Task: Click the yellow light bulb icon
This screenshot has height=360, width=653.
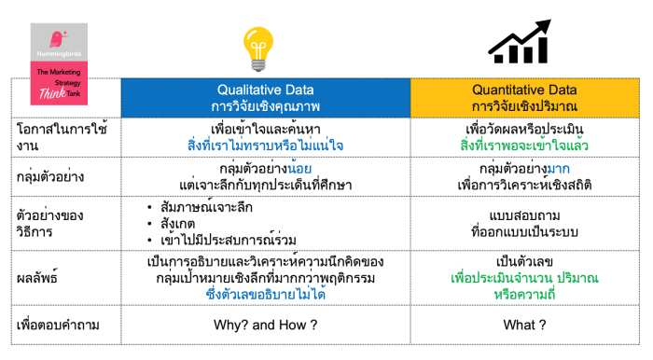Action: tap(258, 48)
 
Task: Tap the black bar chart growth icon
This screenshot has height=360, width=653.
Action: tap(520, 42)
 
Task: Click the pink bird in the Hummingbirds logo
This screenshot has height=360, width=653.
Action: tap(58, 39)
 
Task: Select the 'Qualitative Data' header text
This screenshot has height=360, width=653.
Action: tap(265, 90)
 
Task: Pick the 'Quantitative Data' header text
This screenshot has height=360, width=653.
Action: tap(524, 90)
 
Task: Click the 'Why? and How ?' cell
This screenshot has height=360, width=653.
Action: tap(265, 325)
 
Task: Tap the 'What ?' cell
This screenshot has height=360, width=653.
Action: tap(524, 325)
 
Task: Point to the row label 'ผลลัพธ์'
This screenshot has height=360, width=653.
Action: tap(37, 278)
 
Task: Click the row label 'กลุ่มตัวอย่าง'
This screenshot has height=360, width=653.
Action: tap(50, 176)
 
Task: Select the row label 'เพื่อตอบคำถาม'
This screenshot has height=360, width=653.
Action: tap(58, 325)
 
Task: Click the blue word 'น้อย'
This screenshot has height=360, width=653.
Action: tap(299, 168)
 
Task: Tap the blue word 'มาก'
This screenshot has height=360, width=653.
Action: tap(558, 169)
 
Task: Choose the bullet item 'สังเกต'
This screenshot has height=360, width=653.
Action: tap(178, 224)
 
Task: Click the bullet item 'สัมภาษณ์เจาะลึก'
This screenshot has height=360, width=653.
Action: tap(206, 207)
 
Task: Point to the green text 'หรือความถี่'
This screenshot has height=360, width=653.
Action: tap(524, 294)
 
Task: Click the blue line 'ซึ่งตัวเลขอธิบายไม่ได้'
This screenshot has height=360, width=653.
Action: tap(265, 294)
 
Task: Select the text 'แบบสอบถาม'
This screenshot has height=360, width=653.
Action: tap(524, 215)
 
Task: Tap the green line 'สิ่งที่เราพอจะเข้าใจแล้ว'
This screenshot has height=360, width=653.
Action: tap(524, 145)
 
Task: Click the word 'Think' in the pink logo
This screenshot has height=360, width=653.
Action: tap(52, 93)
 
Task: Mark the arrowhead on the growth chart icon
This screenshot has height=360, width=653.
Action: tap(542, 27)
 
